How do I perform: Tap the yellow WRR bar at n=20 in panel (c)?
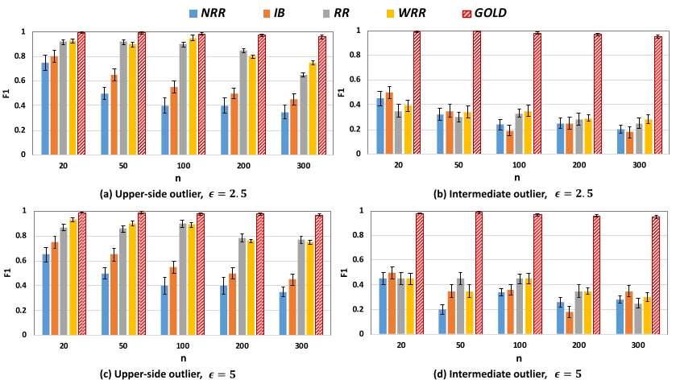[x=73, y=277]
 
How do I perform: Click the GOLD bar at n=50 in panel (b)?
[x=477, y=93]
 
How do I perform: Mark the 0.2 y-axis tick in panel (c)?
[x=23, y=310]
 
